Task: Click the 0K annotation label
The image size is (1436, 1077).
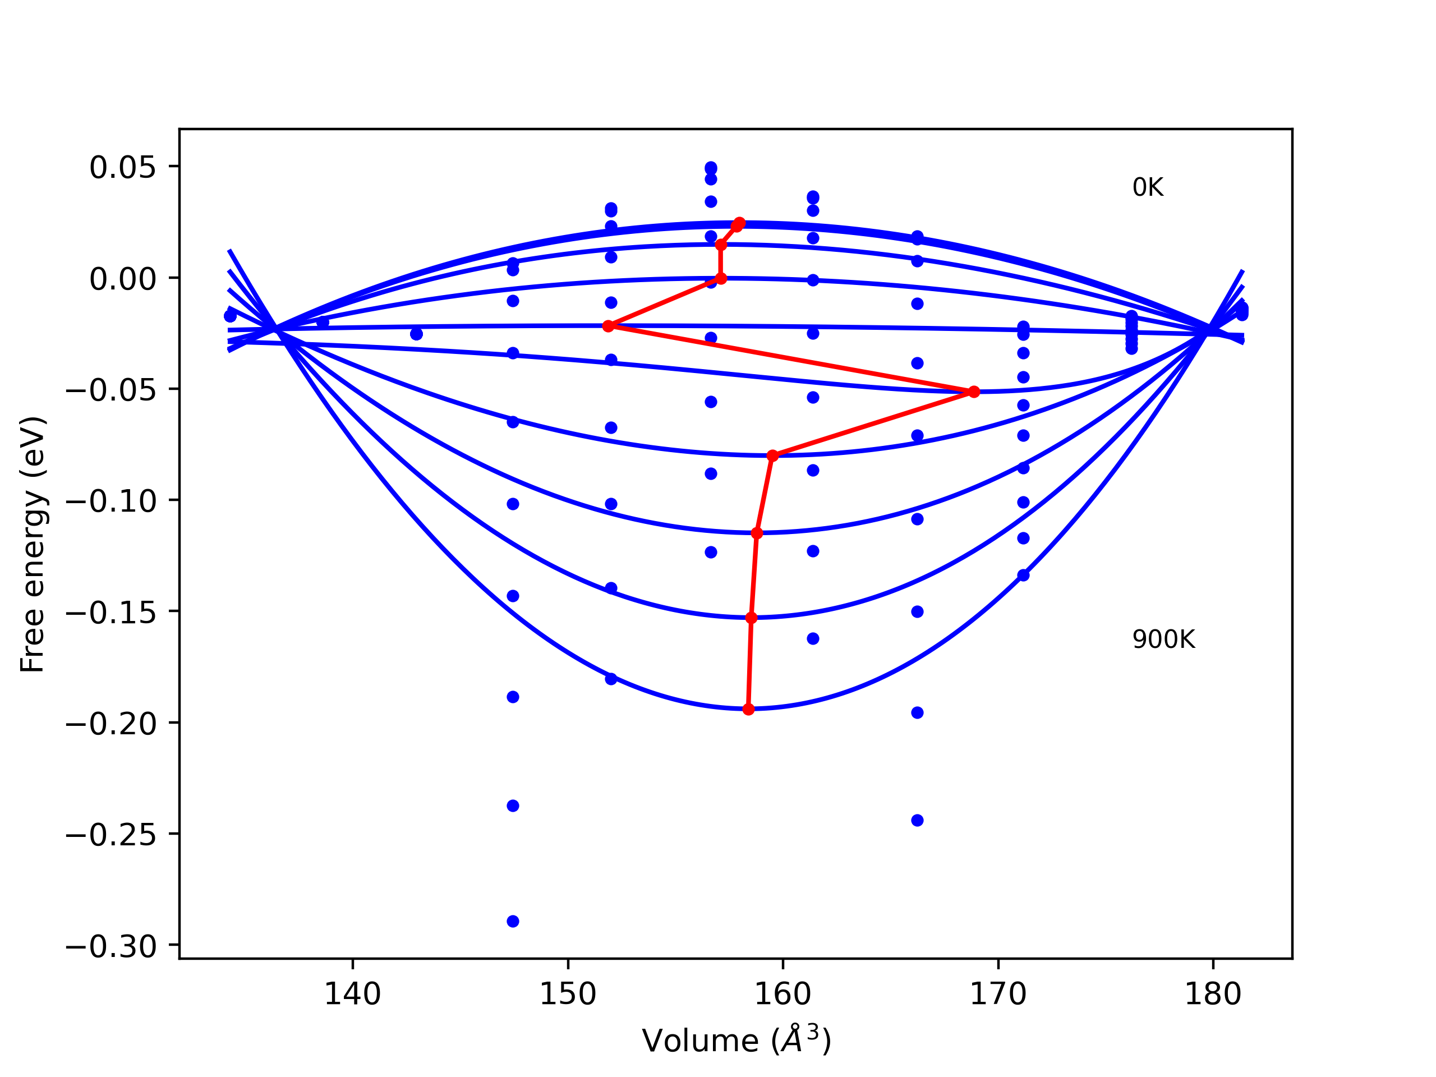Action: [1147, 187]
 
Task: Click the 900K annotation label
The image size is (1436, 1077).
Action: [1163, 640]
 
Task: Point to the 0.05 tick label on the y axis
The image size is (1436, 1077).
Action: [123, 168]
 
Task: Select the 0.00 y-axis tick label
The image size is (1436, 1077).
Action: [123, 279]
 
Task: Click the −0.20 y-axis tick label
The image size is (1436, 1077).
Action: [111, 724]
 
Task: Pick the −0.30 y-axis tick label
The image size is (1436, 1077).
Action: [111, 946]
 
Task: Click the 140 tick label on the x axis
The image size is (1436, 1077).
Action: [352, 995]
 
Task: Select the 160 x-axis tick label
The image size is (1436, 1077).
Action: [783, 995]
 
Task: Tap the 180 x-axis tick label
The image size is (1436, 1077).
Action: [1213, 995]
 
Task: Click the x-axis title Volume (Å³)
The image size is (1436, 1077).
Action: [736, 1041]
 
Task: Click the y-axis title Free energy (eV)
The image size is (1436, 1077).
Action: [33, 544]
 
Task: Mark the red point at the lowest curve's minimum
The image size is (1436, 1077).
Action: [748, 709]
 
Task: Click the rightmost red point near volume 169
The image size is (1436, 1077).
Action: [974, 392]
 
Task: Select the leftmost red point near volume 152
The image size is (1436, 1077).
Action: [608, 326]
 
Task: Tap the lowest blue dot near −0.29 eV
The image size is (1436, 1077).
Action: [513, 921]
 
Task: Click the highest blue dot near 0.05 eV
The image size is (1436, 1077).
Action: [711, 168]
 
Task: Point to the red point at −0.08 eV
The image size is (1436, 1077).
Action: [772, 455]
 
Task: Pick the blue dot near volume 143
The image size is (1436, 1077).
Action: [417, 334]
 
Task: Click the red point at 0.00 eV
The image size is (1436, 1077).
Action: [721, 278]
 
